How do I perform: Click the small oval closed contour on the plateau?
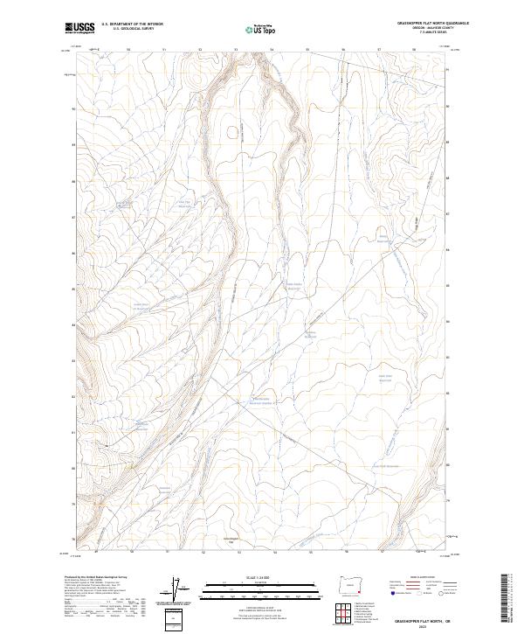pos(231,133)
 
